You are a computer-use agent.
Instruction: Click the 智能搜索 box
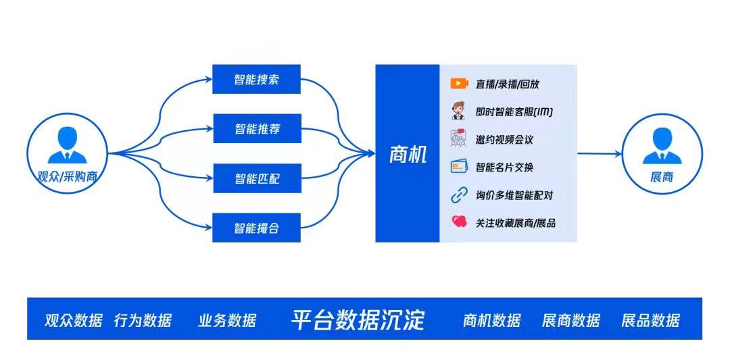point(257,79)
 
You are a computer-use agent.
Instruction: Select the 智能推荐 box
point(257,128)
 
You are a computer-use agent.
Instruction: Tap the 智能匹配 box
point(257,178)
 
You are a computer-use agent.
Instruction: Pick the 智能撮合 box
point(257,228)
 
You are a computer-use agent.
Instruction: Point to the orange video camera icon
point(459,83)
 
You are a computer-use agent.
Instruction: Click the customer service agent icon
point(458,111)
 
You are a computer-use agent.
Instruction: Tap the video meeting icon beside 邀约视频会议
point(458,138)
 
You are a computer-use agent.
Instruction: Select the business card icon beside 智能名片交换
point(459,167)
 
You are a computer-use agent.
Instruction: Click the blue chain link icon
point(459,195)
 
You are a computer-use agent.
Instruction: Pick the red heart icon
point(459,222)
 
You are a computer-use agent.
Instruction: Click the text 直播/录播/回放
point(508,84)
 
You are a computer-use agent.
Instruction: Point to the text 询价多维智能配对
point(514,195)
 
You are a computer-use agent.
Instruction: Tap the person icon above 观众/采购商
point(67,145)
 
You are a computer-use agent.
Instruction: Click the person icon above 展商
point(662,146)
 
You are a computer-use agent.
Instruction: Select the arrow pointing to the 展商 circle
point(600,153)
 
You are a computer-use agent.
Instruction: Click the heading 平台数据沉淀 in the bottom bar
point(358,319)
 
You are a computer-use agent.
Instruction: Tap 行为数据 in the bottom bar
point(143,321)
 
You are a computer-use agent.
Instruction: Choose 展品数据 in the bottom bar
point(650,321)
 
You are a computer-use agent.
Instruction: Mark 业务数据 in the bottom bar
point(227,321)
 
